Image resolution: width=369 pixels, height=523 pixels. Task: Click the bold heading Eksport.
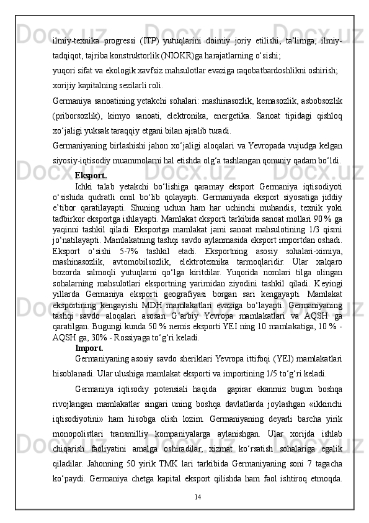[x=91, y=175]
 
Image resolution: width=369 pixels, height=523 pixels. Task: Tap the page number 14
[x=197, y=496]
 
